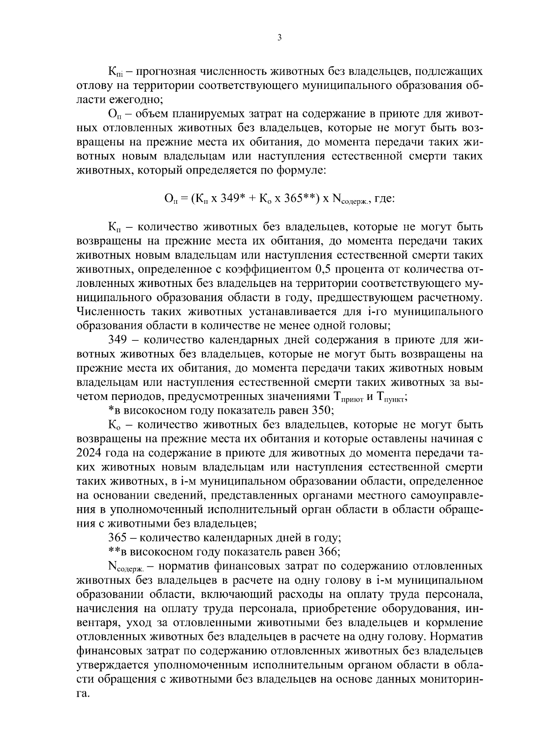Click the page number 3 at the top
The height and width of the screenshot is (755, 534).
[279, 38]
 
